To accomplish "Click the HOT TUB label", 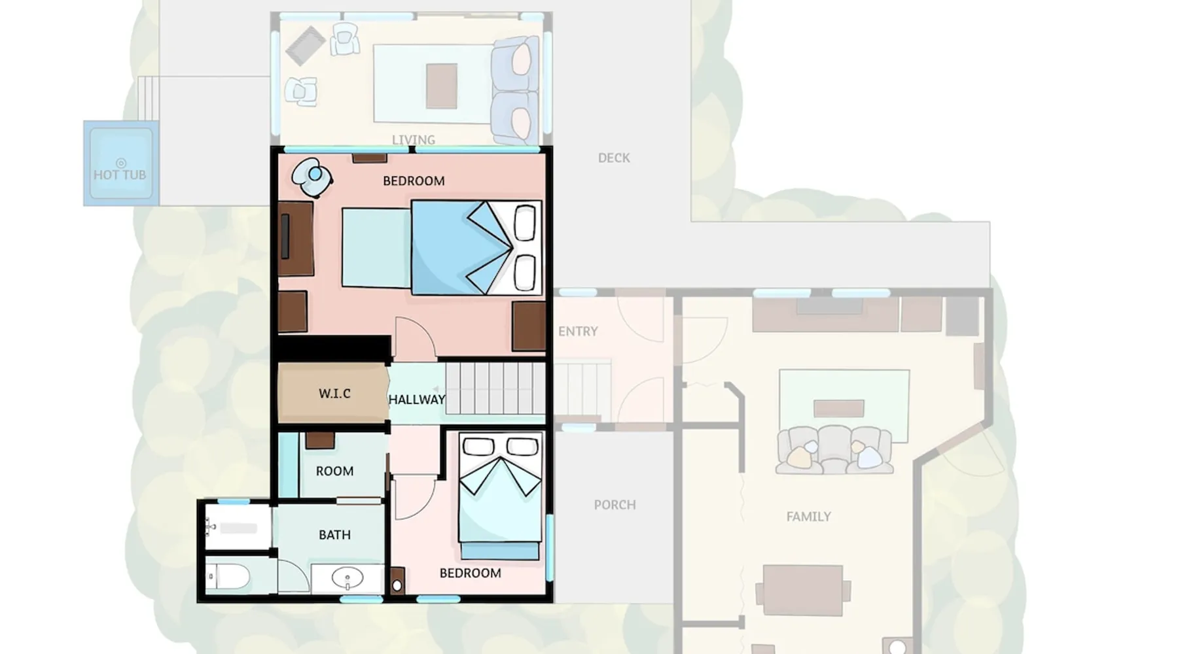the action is pyautogui.click(x=120, y=175).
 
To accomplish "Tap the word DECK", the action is pyautogui.click(x=614, y=158).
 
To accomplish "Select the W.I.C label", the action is pyautogui.click(x=334, y=394).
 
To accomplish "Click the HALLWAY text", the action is pyautogui.click(x=417, y=399).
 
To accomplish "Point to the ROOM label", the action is pyautogui.click(x=334, y=471).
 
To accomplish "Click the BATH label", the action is pyautogui.click(x=334, y=535).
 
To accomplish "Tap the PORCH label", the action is pyautogui.click(x=615, y=505).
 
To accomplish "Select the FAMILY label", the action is pyautogui.click(x=808, y=517).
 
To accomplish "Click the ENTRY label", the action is pyautogui.click(x=578, y=332).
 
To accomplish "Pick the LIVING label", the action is pyautogui.click(x=414, y=140).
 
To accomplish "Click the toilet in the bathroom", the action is pyautogui.click(x=228, y=577).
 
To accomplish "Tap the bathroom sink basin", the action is pyautogui.click(x=348, y=579).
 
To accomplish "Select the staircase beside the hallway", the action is pyautogui.click(x=495, y=388).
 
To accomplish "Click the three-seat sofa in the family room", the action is pyautogui.click(x=834, y=449).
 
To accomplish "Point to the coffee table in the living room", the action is pyautogui.click(x=442, y=86).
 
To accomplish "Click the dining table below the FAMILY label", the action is pyautogui.click(x=803, y=591).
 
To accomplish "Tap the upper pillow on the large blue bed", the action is pyautogui.click(x=525, y=223).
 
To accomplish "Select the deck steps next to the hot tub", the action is pyautogui.click(x=149, y=99).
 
